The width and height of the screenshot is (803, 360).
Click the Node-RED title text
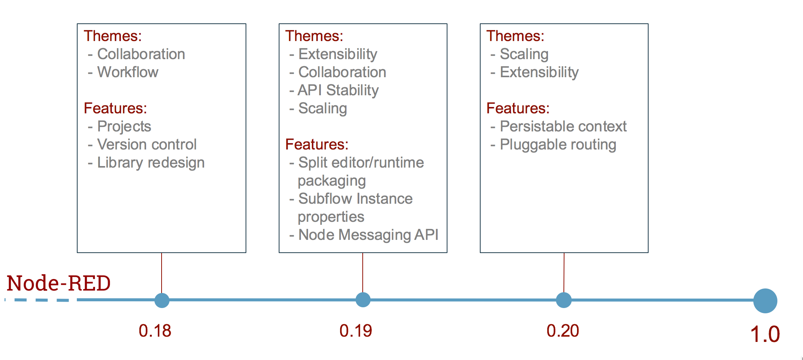[59, 283]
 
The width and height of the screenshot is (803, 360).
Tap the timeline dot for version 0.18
[162, 300]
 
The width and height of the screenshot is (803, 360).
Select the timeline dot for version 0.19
[363, 300]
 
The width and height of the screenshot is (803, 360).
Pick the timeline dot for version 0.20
[564, 300]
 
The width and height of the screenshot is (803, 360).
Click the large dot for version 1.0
[765, 301]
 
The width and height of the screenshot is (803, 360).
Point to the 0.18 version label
[155, 331]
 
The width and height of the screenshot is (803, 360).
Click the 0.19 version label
[356, 331]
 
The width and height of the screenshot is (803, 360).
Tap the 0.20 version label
[563, 331]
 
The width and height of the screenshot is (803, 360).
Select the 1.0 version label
[765, 334]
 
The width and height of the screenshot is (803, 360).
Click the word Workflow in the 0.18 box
[128, 72]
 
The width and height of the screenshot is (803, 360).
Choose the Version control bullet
[142, 144]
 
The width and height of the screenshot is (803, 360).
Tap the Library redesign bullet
[146, 163]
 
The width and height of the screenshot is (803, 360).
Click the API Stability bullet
[334, 90]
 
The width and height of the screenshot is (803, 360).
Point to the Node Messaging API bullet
[364, 235]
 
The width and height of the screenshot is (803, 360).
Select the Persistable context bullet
[559, 126]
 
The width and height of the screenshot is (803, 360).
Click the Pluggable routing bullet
[553, 145]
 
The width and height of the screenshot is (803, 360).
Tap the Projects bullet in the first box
[119, 127]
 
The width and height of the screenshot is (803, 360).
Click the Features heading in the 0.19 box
[317, 144]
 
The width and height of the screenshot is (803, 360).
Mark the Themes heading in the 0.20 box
[515, 36]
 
